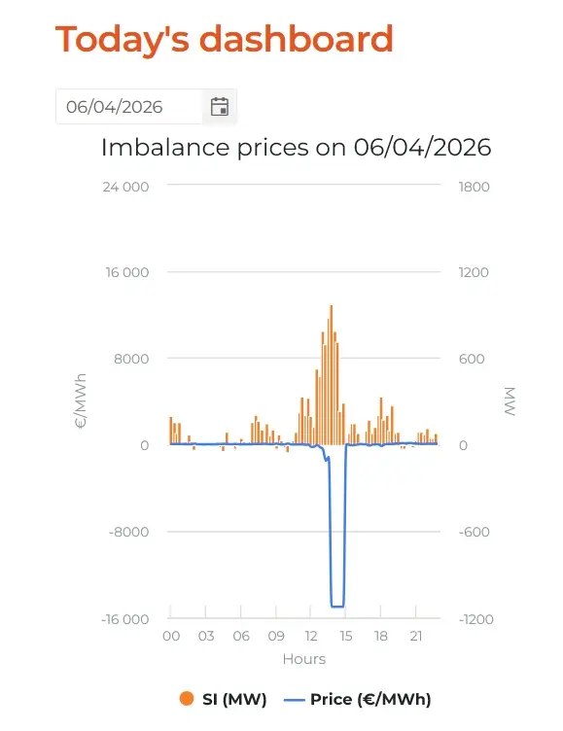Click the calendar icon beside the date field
(x=219, y=107)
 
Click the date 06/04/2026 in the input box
(x=115, y=107)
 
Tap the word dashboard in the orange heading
(x=297, y=39)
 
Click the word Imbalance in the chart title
(x=165, y=148)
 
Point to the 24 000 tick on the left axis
(x=126, y=187)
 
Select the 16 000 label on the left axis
(x=126, y=272)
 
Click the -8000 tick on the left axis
(x=128, y=532)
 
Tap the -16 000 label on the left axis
(x=125, y=619)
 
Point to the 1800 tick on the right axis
(x=474, y=187)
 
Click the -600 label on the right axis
(x=474, y=532)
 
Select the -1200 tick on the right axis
(x=475, y=619)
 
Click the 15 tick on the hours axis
(x=345, y=636)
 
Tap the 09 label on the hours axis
(x=276, y=636)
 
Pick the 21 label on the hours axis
(x=415, y=636)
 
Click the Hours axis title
(x=304, y=659)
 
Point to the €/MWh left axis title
(x=81, y=400)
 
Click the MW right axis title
(x=510, y=400)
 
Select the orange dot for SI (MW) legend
(x=187, y=698)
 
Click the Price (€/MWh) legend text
(x=370, y=699)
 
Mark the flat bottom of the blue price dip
(x=337, y=607)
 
